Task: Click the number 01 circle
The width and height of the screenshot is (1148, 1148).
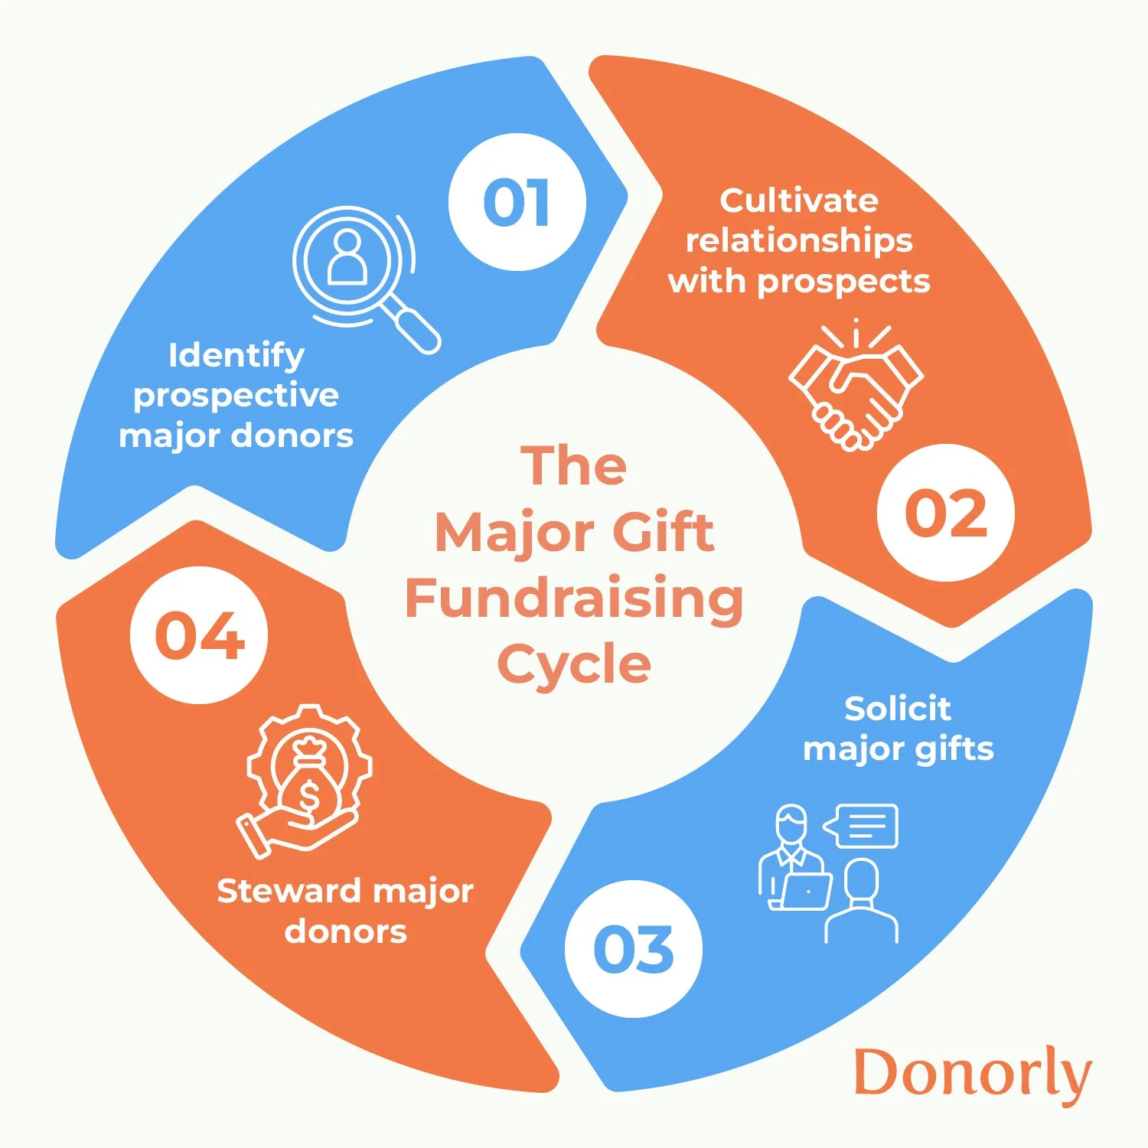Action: click(x=517, y=202)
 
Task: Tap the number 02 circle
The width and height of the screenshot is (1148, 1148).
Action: click(x=946, y=512)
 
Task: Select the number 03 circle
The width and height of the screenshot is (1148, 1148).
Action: click(x=633, y=949)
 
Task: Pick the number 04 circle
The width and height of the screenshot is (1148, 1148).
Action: click(x=199, y=635)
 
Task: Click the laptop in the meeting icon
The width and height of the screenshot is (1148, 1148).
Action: click(x=806, y=890)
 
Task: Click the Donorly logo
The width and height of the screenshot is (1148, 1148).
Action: click(x=972, y=1073)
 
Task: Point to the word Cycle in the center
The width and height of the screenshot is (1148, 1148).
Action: click(x=574, y=664)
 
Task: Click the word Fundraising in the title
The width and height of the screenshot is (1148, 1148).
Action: click(x=574, y=598)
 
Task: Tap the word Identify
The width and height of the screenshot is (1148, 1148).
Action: click(x=236, y=356)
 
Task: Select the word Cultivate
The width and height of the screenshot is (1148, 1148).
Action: click(x=799, y=201)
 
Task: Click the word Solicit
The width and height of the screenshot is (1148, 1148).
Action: click(x=897, y=709)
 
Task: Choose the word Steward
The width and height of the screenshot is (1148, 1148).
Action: click(x=289, y=892)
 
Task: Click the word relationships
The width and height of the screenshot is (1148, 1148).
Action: click(x=799, y=240)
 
